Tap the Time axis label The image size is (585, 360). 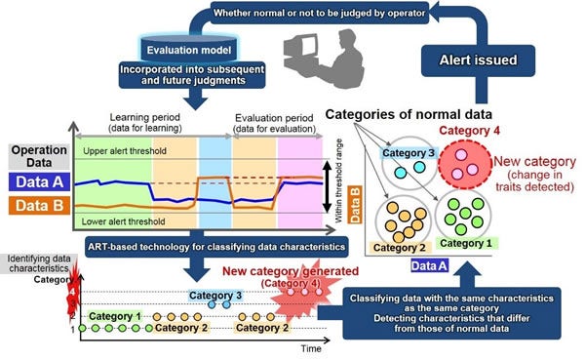point(312,347)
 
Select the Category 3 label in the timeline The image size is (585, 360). point(215,295)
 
